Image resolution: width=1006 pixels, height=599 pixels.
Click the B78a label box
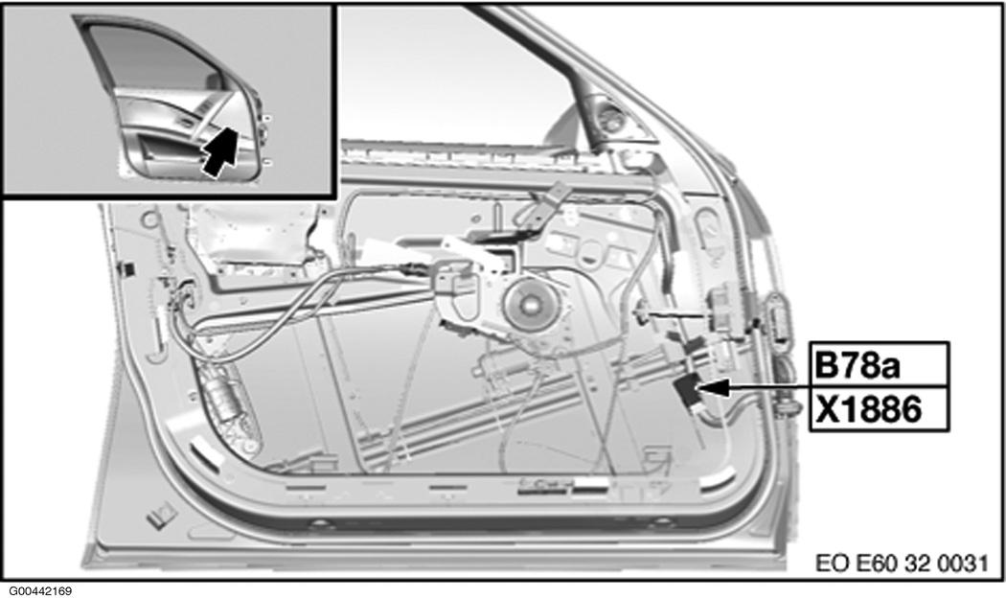coord(879,364)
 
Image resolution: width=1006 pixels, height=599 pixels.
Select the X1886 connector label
coord(879,409)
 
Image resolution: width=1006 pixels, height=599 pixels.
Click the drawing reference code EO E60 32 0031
coord(902,563)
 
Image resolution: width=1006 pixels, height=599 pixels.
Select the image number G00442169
coord(40,590)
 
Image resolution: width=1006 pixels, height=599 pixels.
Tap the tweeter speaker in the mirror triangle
coord(612,119)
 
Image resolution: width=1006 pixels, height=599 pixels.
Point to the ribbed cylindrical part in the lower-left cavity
coord(221,399)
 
